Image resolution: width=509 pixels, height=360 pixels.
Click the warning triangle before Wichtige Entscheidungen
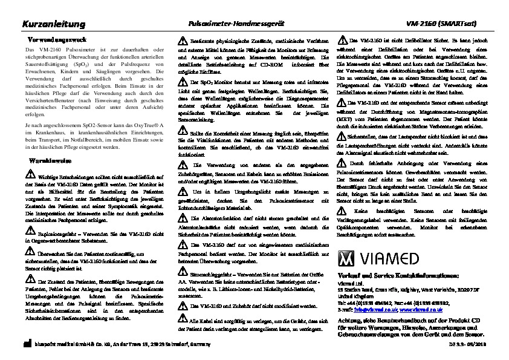pos(31,174)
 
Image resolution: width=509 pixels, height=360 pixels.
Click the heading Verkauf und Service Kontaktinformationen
pos(393,275)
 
